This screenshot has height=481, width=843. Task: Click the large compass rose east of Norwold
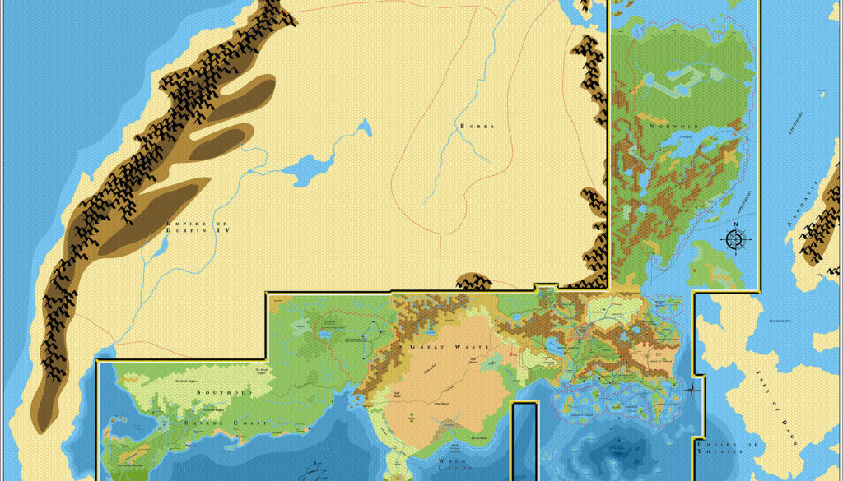point(736,239)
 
